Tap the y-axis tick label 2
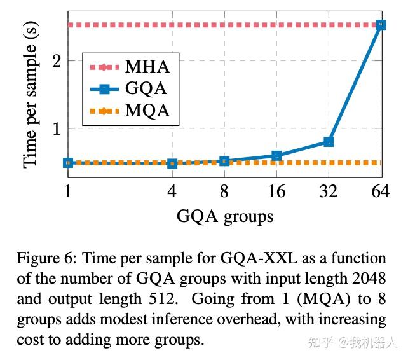[x=57, y=61]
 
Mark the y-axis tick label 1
[x=57, y=128]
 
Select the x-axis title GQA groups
[x=225, y=217]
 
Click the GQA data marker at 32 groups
[x=329, y=141]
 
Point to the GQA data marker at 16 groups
[x=276, y=155]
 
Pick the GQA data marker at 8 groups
[x=224, y=161]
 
